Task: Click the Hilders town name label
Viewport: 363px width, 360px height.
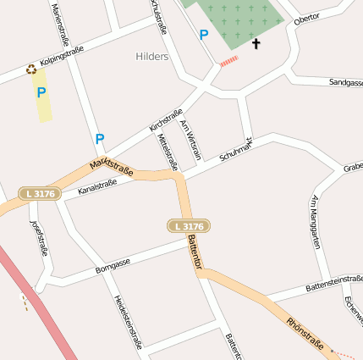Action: (x=152, y=57)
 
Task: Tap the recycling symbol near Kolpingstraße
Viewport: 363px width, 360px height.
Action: (x=31, y=69)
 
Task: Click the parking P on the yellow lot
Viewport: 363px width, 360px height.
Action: (x=41, y=92)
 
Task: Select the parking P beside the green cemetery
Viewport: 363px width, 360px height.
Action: (x=203, y=35)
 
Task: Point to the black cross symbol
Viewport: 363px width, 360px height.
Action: (x=256, y=42)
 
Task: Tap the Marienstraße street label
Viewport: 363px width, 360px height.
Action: (x=60, y=24)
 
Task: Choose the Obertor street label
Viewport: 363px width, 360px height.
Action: (x=306, y=18)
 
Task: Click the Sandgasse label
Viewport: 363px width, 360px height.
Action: (x=345, y=83)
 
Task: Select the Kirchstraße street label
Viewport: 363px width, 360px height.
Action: (x=166, y=119)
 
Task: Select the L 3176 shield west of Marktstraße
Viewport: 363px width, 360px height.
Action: (x=40, y=194)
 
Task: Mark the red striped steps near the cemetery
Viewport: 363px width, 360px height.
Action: (x=229, y=61)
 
